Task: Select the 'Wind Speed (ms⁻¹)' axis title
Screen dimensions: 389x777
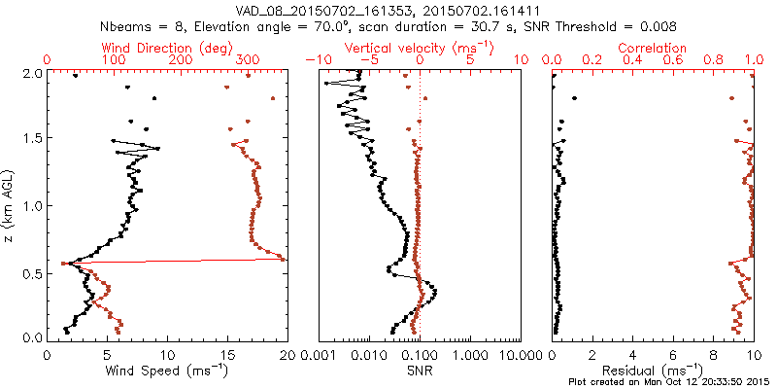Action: [168, 370]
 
